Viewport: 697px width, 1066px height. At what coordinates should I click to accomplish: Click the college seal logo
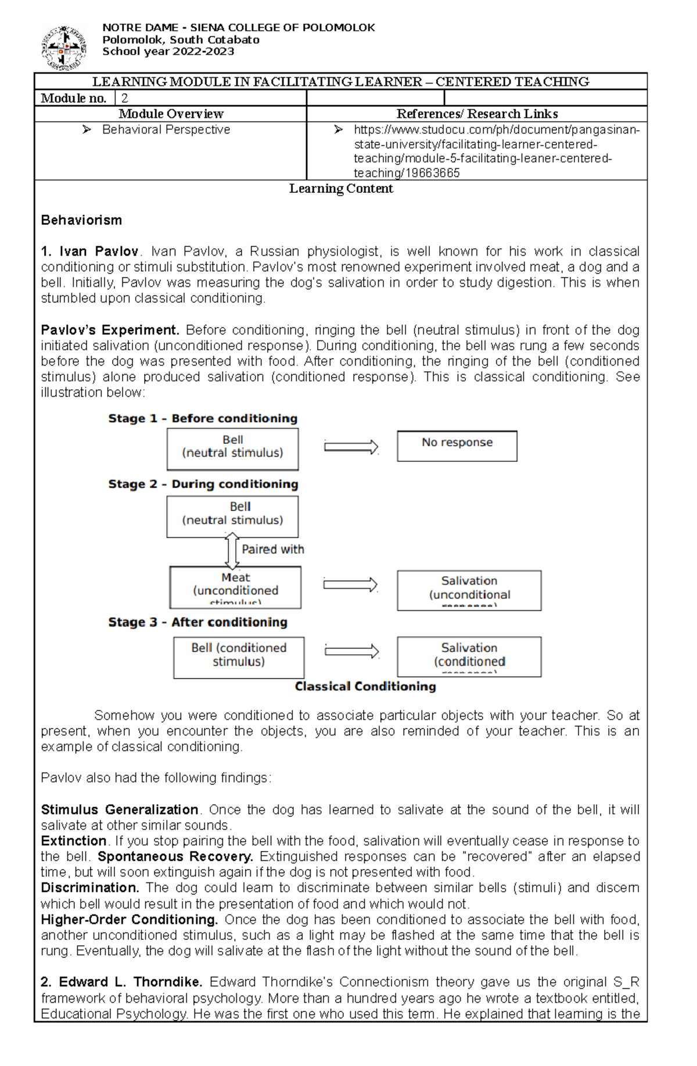[64, 48]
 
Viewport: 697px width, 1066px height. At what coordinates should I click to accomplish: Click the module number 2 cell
[210, 98]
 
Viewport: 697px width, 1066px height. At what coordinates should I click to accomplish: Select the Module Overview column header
[171, 114]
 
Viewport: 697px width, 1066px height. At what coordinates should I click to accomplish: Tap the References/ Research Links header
[477, 114]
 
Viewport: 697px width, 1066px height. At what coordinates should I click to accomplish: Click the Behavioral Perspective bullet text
[166, 130]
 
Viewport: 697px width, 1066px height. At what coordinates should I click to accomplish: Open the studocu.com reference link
[496, 151]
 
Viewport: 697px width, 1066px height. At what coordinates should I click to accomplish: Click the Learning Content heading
[341, 189]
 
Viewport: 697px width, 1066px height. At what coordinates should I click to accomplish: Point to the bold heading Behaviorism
[81, 220]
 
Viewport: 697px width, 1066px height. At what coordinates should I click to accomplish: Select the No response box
[457, 446]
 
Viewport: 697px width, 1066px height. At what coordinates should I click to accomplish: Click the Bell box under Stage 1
[232, 448]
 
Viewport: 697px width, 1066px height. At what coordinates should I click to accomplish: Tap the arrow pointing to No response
[351, 447]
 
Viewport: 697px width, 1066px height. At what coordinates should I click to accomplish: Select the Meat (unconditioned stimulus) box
[235, 587]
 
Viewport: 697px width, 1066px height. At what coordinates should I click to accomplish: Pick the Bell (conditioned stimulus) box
[239, 657]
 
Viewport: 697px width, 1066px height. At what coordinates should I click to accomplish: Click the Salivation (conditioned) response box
[469, 656]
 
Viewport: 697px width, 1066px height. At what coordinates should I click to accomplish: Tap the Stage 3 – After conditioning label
[197, 622]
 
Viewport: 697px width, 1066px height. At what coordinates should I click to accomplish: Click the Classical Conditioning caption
[365, 687]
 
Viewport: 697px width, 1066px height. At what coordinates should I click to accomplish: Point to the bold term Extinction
[73, 841]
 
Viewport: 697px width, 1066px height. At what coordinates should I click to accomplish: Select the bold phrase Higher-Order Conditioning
[129, 920]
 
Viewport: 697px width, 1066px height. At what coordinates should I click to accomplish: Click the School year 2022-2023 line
[168, 51]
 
